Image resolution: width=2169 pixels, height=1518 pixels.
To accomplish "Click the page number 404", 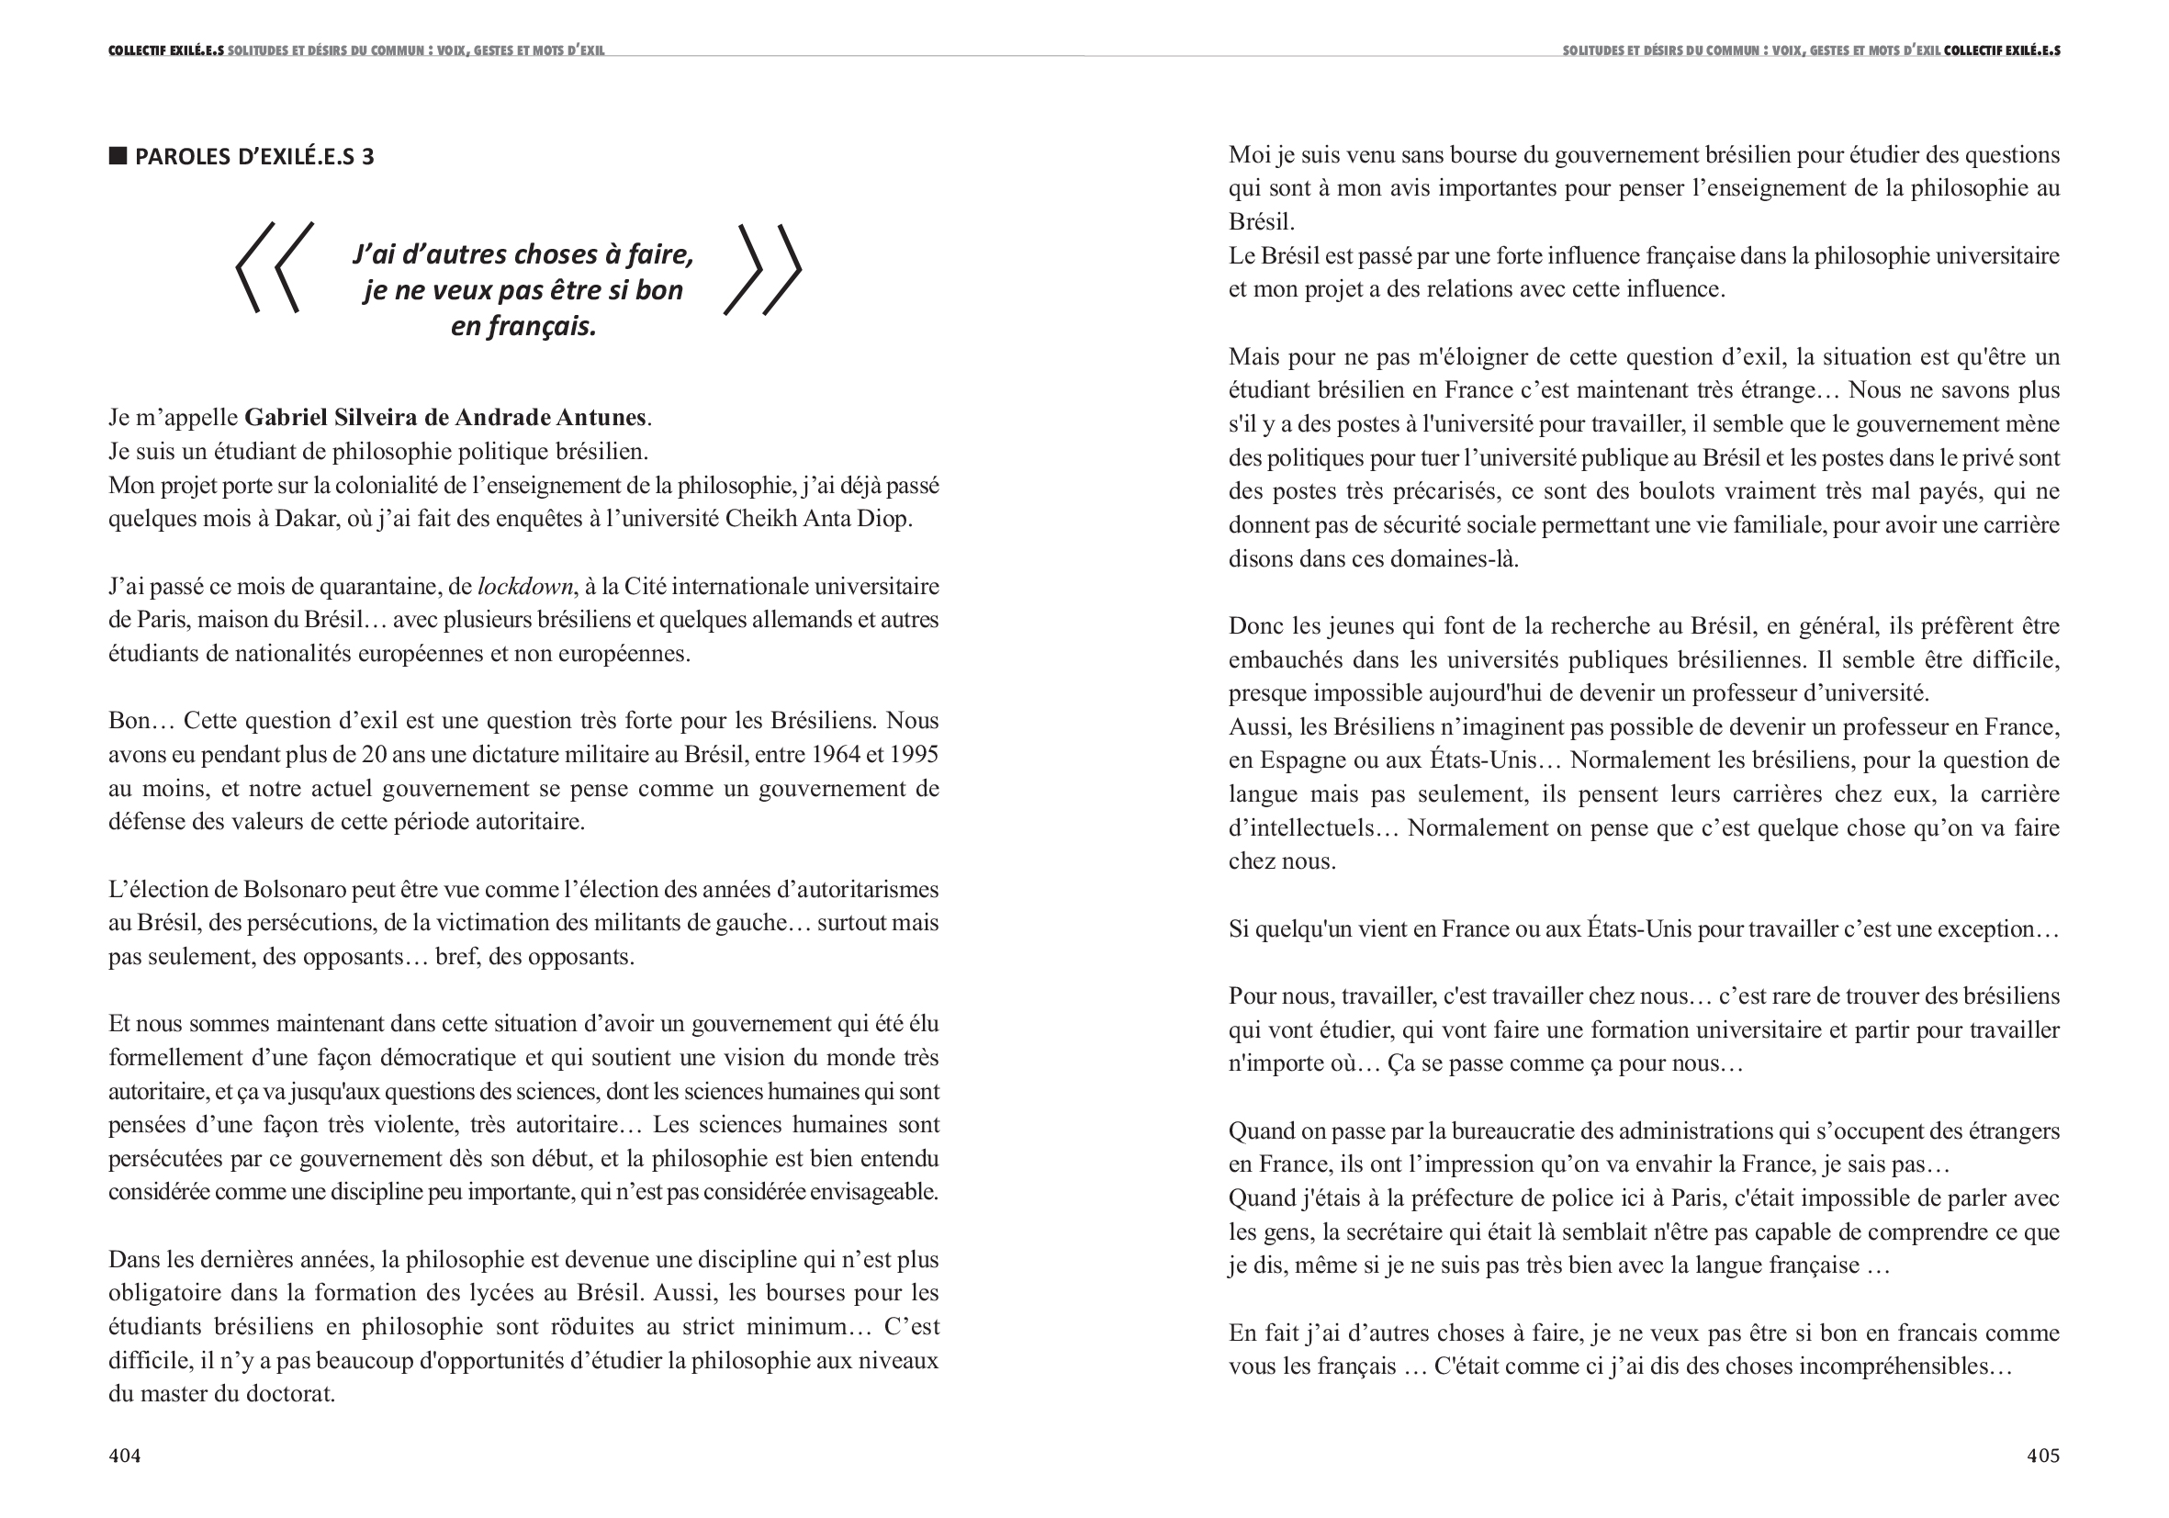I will (125, 1456).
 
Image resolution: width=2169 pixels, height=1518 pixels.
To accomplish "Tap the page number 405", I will (2042, 1456).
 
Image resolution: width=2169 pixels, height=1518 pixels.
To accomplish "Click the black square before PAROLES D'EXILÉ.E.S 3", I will (118, 156).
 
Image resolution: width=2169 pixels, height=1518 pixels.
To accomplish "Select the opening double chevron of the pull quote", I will (275, 268).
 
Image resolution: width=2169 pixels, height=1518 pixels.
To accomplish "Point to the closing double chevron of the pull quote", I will (763, 269).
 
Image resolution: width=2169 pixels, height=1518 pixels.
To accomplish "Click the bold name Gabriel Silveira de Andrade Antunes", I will (445, 417).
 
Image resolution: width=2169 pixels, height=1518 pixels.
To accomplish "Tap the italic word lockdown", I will (525, 587).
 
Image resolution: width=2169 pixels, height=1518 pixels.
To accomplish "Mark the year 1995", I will (914, 755).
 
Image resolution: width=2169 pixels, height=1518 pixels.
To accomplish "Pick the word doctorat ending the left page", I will (290, 1393).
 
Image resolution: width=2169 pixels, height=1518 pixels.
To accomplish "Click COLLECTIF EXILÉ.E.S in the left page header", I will (166, 51).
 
